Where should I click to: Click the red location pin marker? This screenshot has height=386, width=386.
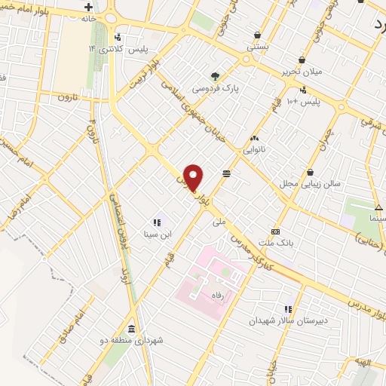(x=195, y=177)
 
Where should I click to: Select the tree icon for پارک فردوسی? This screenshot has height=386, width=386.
(x=215, y=75)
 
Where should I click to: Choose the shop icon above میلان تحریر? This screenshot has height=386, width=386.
(x=302, y=60)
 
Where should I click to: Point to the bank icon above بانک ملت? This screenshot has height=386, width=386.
(x=275, y=231)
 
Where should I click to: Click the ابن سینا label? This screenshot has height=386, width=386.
(x=159, y=234)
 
